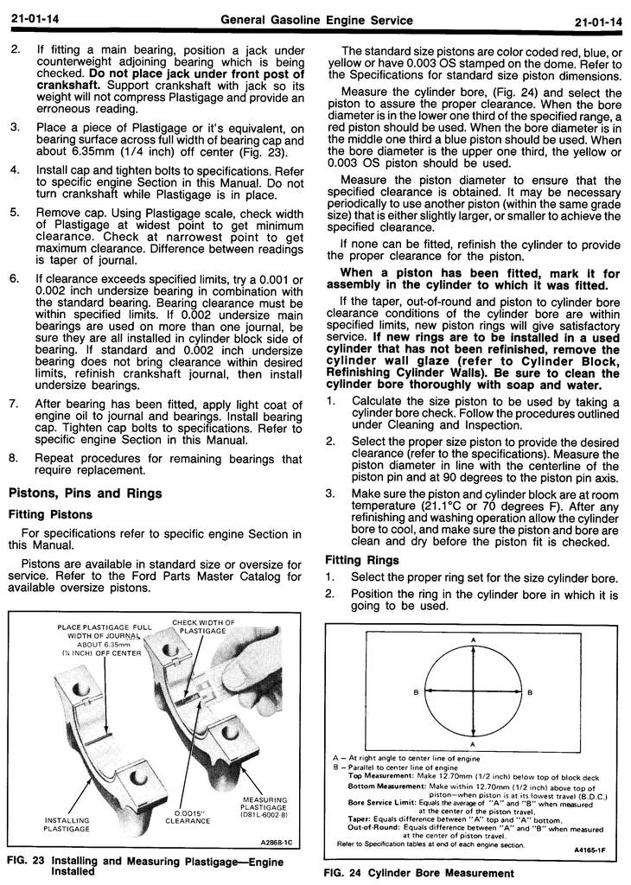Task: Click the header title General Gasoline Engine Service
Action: (316, 20)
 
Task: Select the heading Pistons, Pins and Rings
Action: (85, 493)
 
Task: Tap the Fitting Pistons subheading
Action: (50, 515)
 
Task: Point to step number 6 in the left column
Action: (14, 279)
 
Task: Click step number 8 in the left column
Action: (14, 458)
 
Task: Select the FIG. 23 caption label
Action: (27, 861)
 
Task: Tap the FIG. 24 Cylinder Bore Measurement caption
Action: (418, 873)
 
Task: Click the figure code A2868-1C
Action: (277, 840)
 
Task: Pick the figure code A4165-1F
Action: (590, 850)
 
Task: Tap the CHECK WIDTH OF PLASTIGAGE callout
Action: (203, 627)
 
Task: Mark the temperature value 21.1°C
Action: (446, 506)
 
